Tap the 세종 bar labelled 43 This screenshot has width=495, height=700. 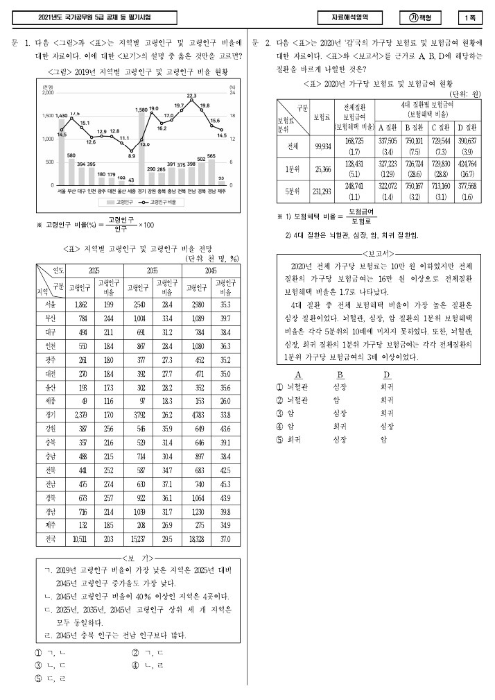(x=131, y=183)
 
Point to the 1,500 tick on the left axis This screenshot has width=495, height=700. (x=48, y=115)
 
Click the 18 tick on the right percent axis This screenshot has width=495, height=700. (x=232, y=115)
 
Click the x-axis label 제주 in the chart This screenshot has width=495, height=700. (x=221, y=190)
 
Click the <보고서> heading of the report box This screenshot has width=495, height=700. (x=376, y=253)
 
